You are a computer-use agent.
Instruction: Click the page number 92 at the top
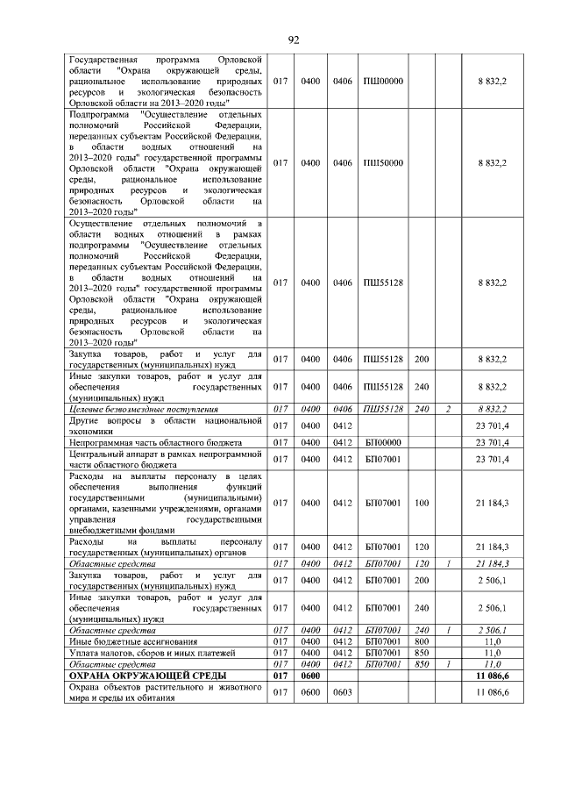pyautogui.click(x=294, y=39)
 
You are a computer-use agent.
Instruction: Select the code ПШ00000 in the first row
pyautogui.click(x=382, y=82)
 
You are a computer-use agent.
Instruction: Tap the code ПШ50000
pyautogui.click(x=382, y=162)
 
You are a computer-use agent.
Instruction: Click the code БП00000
pyautogui.click(x=382, y=442)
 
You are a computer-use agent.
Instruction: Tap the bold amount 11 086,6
pyautogui.click(x=492, y=676)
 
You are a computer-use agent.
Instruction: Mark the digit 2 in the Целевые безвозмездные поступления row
pyautogui.click(x=447, y=409)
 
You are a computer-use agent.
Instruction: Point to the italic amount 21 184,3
pyautogui.click(x=492, y=563)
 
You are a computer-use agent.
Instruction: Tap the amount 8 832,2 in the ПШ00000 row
pyautogui.click(x=492, y=82)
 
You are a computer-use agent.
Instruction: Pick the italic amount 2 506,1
pyautogui.click(x=492, y=630)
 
